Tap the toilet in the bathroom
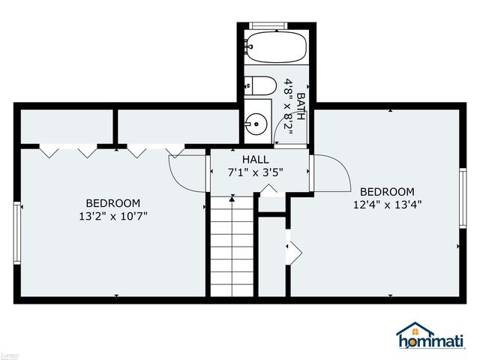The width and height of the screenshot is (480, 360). [257, 85]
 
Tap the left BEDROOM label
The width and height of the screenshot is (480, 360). [112, 202]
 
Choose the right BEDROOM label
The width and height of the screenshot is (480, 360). [387, 191]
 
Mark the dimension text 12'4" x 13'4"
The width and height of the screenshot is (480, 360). [387, 204]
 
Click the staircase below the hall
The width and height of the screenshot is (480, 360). [232, 247]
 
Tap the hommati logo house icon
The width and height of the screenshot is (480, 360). [415, 331]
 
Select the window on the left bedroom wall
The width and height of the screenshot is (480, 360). [16, 233]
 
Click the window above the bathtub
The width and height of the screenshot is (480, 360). [268, 25]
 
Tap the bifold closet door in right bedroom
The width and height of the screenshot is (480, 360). [292, 249]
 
